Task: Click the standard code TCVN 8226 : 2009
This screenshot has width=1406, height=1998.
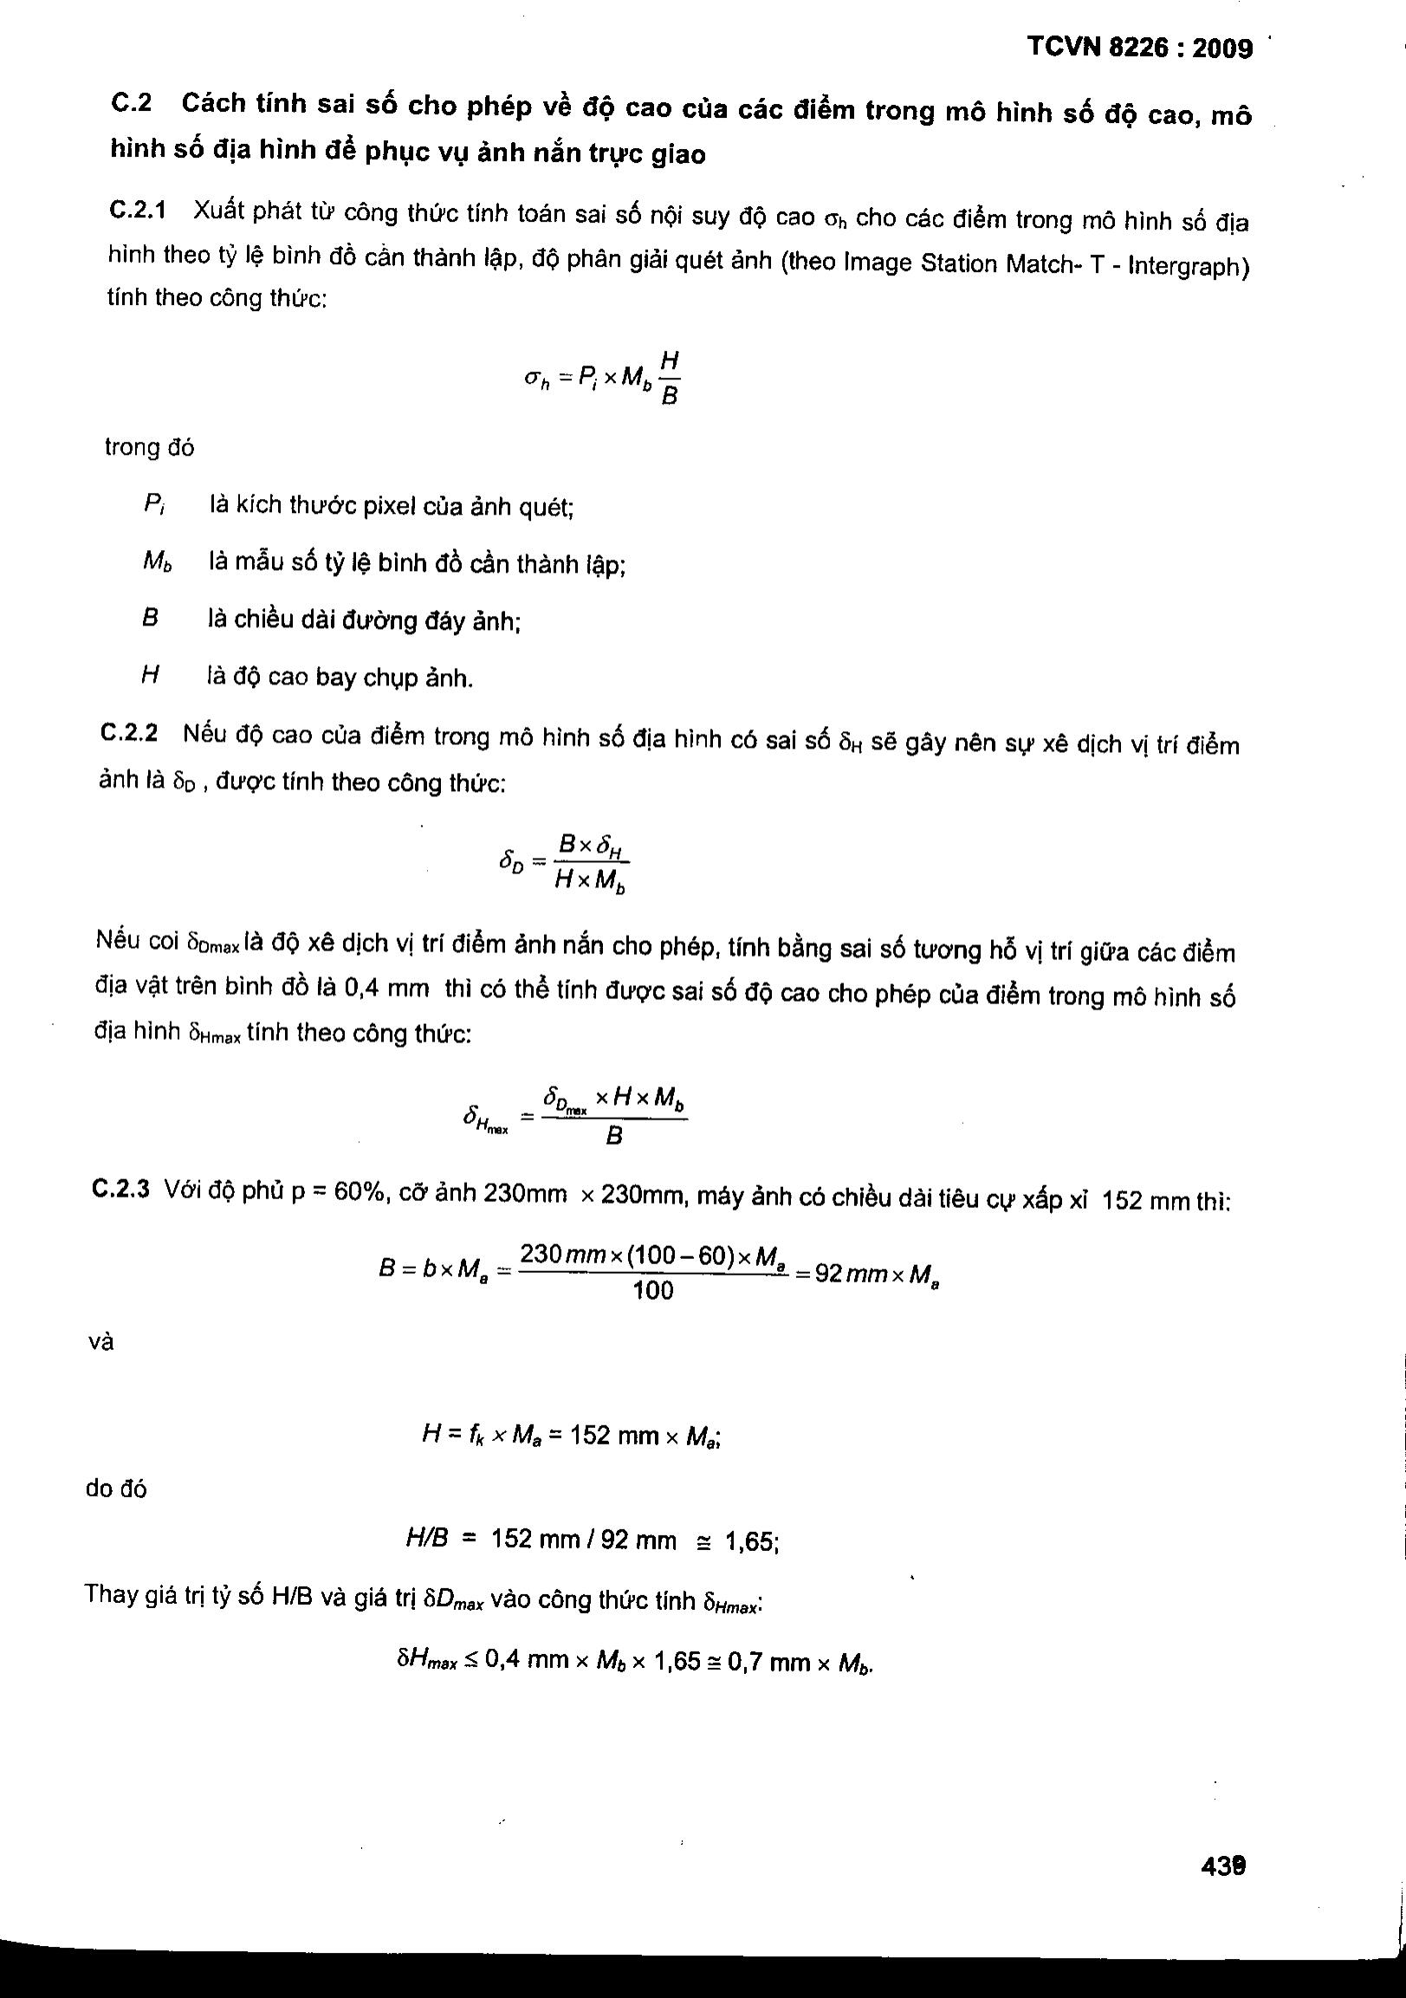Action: click(x=1140, y=47)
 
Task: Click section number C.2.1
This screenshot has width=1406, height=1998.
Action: click(x=139, y=211)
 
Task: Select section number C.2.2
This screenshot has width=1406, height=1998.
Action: click(x=130, y=734)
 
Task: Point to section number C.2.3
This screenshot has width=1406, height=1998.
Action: click(x=121, y=1188)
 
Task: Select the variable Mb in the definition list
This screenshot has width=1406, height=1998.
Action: click(x=157, y=562)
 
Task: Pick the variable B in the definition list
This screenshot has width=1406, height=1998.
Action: click(x=150, y=619)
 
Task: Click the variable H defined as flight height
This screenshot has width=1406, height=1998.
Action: click(x=149, y=676)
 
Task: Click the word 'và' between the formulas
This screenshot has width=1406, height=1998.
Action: click(x=101, y=1342)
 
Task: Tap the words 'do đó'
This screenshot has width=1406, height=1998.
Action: click(x=116, y=1489)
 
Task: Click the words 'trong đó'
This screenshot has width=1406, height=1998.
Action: click(x=150, y=447)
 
